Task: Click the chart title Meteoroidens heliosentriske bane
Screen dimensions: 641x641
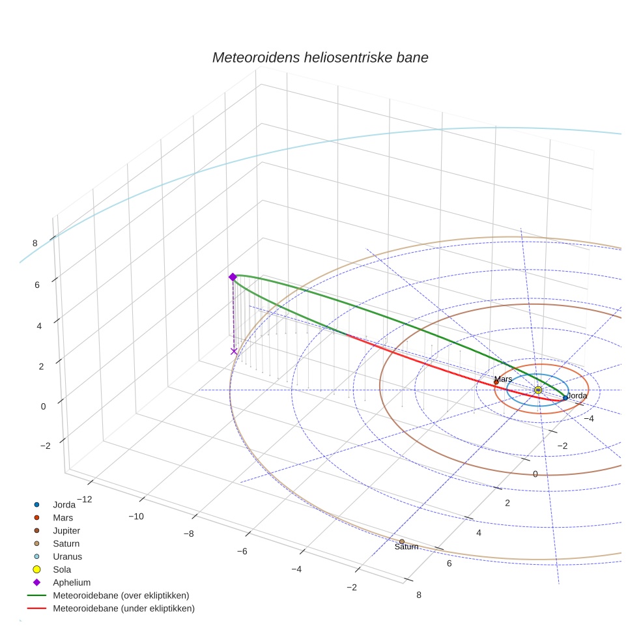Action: point(320,57)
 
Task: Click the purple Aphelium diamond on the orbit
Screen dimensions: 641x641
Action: point(233,277)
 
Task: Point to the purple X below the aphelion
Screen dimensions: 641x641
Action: point(234,351)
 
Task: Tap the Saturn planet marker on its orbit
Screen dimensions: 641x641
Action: point(401,541)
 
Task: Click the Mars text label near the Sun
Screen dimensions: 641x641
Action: point(503,379)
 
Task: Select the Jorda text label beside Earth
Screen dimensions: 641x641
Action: point(577,395)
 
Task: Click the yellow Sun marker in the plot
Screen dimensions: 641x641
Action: point(538,390)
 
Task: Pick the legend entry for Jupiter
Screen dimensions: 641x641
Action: point(66,530)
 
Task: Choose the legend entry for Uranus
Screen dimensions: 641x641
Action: point(67,556)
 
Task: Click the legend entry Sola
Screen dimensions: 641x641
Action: point(63,569)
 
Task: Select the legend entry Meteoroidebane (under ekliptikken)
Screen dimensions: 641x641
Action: point(124,608)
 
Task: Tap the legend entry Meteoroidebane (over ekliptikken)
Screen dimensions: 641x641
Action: point(121,595)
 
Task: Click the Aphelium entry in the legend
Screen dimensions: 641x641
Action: point(72,582)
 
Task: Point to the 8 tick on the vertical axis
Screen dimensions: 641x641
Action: point(35,243)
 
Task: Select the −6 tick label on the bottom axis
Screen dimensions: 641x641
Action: point(242,551)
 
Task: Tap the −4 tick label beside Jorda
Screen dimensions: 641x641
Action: point(588,418)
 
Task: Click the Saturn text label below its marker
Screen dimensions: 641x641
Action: point(406,547)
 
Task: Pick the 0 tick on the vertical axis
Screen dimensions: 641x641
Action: point(43,406)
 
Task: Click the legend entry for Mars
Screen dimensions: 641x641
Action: point(63,517)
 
